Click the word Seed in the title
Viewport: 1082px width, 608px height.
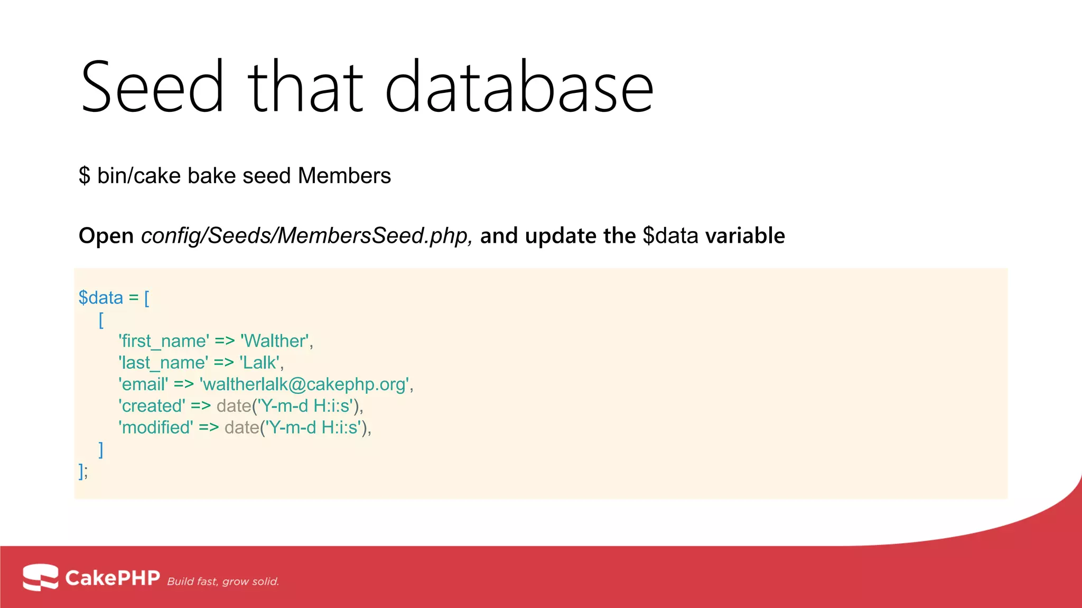152,87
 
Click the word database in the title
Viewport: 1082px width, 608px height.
519,87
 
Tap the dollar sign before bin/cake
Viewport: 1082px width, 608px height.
85,176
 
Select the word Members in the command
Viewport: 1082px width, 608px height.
344,176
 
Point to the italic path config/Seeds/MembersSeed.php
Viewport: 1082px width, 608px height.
305,236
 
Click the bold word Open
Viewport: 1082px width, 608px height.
106,236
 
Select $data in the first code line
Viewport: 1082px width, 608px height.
100,298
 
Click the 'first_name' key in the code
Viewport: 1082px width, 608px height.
164,341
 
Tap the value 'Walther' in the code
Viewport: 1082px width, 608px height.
275,341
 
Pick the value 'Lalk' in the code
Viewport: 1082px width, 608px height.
260,363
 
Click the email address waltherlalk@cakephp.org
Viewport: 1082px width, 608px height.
305,384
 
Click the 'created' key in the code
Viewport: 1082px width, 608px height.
152,406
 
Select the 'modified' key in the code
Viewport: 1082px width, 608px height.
156,427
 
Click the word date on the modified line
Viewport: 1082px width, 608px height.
241,427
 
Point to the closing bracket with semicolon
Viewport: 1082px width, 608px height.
83,471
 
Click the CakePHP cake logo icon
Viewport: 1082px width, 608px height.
41,577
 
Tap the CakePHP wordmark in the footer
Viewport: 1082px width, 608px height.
112,578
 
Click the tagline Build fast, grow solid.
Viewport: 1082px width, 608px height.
223,582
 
